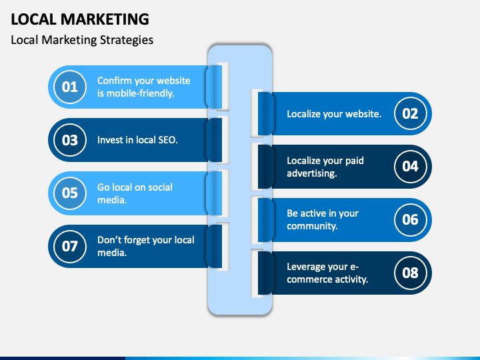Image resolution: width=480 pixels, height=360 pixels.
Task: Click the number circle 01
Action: coord(70,87)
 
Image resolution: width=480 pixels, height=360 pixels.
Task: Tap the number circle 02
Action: coord(410,113)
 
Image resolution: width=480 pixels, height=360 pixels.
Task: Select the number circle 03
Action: coord(70,140)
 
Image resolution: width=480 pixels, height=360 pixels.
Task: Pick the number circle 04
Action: coord(410,167)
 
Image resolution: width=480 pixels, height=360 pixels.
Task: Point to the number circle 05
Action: coord(70,193)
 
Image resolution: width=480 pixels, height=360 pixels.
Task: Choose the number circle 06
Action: coord(410,219)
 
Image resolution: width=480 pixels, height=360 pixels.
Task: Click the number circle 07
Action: coord(70,246)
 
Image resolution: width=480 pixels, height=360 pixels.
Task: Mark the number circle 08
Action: coord(410,273)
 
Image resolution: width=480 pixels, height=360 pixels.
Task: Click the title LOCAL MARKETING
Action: coord(80,19)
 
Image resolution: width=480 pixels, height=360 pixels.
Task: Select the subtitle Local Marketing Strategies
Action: coord(82,40)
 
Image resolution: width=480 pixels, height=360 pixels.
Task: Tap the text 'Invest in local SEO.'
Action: coord(137,140)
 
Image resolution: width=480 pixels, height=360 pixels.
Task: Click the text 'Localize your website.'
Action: coord(334,114)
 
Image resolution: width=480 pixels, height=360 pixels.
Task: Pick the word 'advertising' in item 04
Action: coord(311,173)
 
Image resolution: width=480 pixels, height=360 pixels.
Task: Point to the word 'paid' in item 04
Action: coord(354,161)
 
